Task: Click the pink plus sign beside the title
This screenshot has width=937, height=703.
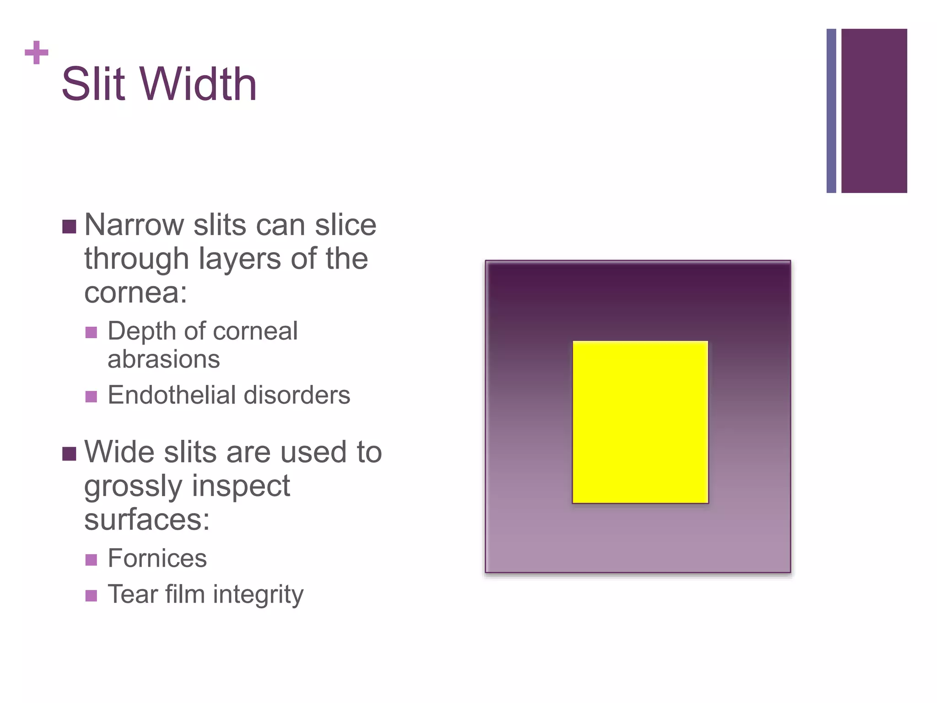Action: pyautogui.click(x=37, y=53)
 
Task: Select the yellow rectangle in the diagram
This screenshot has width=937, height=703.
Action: pyautogui.click(x=640, y=422)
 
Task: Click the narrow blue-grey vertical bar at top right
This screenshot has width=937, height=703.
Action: pyautogui.click(x=831, y=111)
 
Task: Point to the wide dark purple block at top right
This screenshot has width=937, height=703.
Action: pyautogui.click(x=874, y=111)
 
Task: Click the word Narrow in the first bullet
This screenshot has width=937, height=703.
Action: pyautogui.click(x=134, y=225)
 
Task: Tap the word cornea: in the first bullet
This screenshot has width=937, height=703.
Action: pyautogui.click(x=135, y=292)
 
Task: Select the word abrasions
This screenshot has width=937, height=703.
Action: pyautogui.click(x=163, y=359)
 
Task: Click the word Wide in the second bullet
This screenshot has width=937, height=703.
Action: pyautogui.click(x=119, y=452)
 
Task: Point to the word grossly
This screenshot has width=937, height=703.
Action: pyautogui.click(x=133, y=487)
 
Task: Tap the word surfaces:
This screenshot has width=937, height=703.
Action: pyautogui.click(x=146, y=520)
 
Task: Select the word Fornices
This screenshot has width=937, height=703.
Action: pyautogui.click(x=157, y=558)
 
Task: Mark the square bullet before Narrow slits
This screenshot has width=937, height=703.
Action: pyautogui.click(x=69, y=227)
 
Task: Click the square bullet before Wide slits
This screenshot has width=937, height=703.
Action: pyautogui.click(x=69, y=454)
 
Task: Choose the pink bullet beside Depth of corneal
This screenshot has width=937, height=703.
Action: pyautogui.click(x=91, y=332)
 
